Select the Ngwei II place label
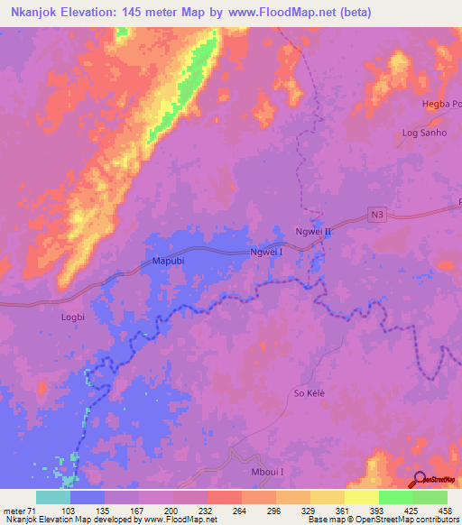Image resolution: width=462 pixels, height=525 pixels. (x=315, y=232)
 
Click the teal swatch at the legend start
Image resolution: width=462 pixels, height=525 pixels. (x=53, y=497)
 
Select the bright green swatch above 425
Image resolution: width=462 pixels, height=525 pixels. (x=395, y=497)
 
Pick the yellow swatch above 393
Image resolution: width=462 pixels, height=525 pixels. (x=361, y=497)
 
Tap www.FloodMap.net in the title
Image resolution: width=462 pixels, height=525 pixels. (x=281, y=13)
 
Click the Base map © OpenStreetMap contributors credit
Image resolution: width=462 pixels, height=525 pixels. (x=380, y=519)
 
